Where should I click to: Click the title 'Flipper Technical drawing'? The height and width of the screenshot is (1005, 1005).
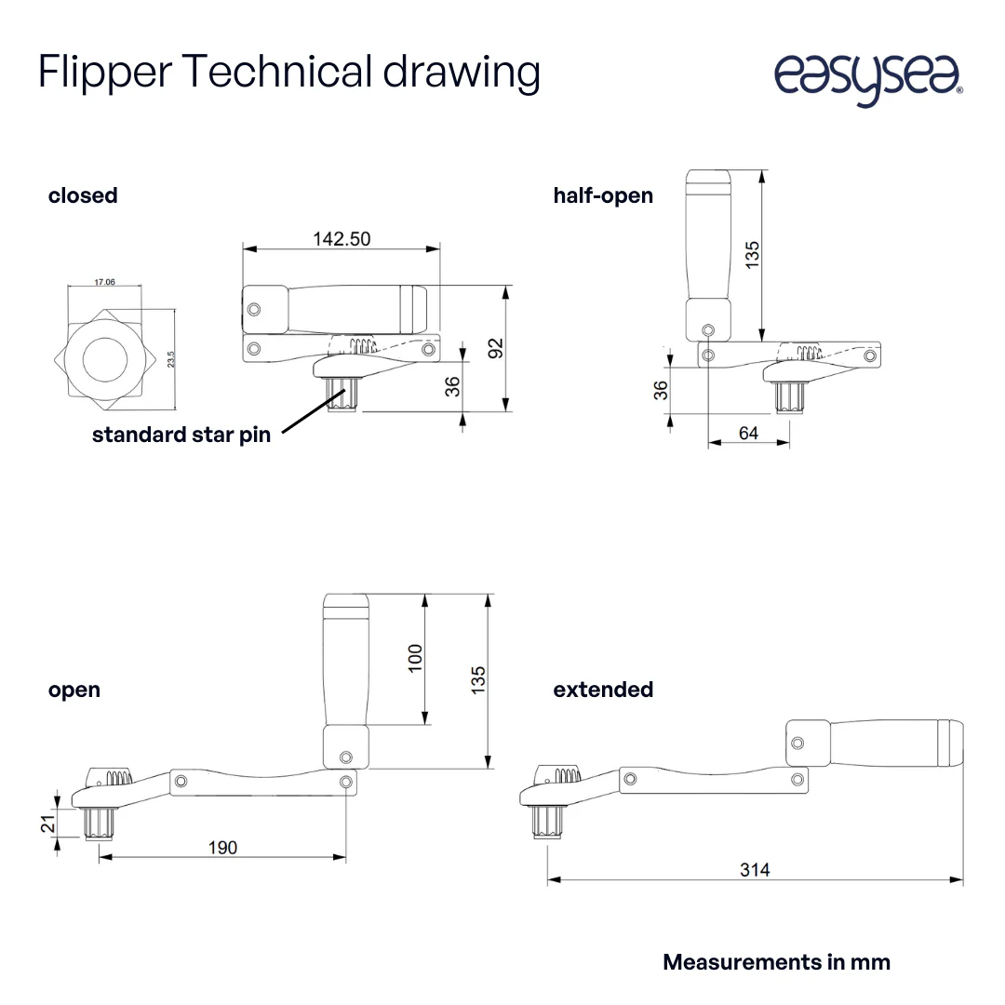(x=288, y=73)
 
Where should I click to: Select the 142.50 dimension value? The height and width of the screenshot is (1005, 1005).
(x=342, y=239)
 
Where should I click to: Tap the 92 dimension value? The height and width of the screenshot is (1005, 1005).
(x=496, y=347)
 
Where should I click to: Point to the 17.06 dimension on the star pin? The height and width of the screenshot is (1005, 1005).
(x=104, y=281)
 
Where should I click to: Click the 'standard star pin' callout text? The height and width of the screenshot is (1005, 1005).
(x=181, y=435)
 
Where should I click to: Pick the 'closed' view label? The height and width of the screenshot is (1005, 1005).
(x=83, y=195)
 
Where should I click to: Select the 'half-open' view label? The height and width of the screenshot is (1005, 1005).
(x=603, y=195)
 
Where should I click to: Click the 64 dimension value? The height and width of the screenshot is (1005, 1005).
(x=748, y=433)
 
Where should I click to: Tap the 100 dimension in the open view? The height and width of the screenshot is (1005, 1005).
(x=416, y=657)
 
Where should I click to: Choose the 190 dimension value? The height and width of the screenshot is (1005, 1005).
(x=222, y=847)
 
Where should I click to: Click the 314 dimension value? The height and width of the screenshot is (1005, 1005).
(x=755, y=870)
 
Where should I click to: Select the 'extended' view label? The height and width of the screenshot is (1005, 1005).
(x=603, y=690)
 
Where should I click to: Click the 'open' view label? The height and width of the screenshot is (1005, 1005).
(x=74, y=690)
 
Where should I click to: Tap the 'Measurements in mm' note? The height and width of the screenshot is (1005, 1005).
(x=776, y=962)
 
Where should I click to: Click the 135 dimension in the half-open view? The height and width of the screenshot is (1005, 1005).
(x=752, y=255)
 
